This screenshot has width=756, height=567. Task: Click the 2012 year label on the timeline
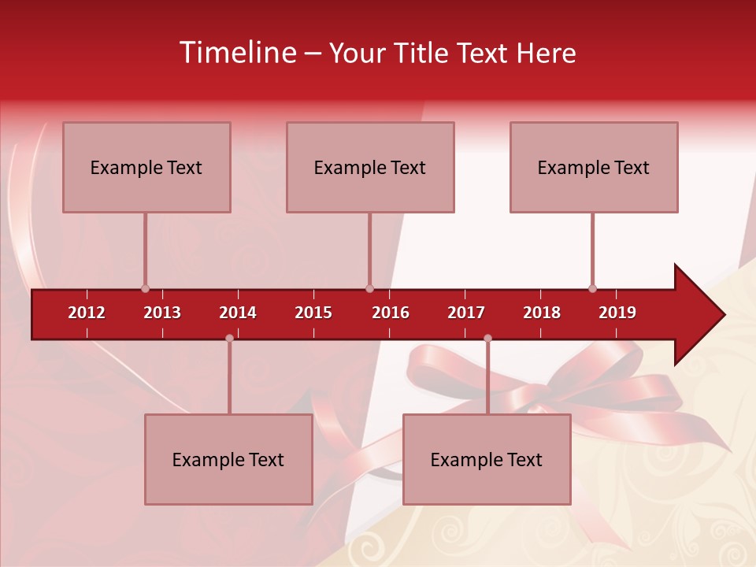(x=87, y=313)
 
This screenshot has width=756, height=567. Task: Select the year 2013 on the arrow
(x=162, y=313)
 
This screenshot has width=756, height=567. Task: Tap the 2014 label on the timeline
(x=238, y=313)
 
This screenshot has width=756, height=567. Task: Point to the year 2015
(x=313, y=313)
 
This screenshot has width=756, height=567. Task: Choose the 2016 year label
(x=391, y=313)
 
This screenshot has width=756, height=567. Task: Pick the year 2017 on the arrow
(x=466, y=313)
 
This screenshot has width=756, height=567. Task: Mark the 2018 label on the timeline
(x=542, y=313)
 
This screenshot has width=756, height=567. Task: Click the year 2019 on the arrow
(x=617, y=313)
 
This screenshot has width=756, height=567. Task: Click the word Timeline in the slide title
(x=237, y=53)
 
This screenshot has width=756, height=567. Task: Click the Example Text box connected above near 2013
(x=146, y=167)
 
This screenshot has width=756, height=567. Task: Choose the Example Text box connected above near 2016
(x=370, y=167)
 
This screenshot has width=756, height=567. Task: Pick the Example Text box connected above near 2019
(x=594, y=167)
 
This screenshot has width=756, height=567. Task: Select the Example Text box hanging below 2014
(x=228, y=459)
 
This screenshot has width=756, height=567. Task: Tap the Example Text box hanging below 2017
(x=487, y=459)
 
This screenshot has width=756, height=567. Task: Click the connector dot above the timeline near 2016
(x=369, y=289)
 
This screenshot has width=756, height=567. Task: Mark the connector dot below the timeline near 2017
(x=487, y=339)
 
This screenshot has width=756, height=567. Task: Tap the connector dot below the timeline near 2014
(x=229, y=339)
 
